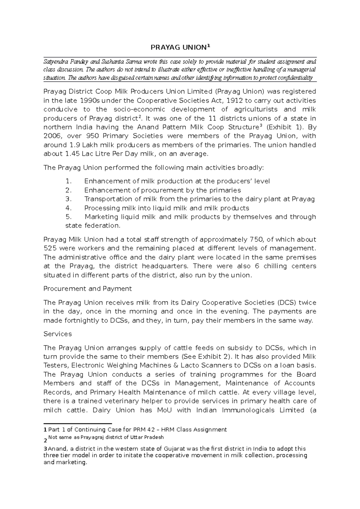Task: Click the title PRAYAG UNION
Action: coord(178,47)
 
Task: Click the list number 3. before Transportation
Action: coord(69,199)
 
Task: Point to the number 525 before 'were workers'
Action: coord(50,248)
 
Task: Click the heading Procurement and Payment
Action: coord(88,289)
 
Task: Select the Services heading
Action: coord(58,334)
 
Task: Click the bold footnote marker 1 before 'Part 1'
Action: coord(45,430)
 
